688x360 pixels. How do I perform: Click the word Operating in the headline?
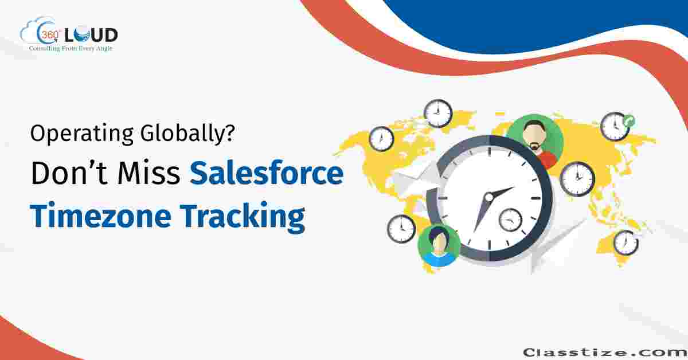[82, 134]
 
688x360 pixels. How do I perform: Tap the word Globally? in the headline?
[187, 134]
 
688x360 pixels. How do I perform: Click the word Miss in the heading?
[148, 173]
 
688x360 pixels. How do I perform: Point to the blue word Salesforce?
[267, 173]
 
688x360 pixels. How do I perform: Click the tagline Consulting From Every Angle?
[71, 49]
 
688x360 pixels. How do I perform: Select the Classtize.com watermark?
[605, 353]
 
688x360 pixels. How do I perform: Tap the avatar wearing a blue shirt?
[439, 245]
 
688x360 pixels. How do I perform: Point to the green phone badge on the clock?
[629, 121]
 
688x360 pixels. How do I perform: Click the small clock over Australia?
[626, 243]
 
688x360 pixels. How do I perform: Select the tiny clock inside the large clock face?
[510, 220]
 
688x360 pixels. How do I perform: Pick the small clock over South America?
[401, 229]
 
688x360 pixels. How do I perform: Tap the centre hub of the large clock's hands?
[488, 197]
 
